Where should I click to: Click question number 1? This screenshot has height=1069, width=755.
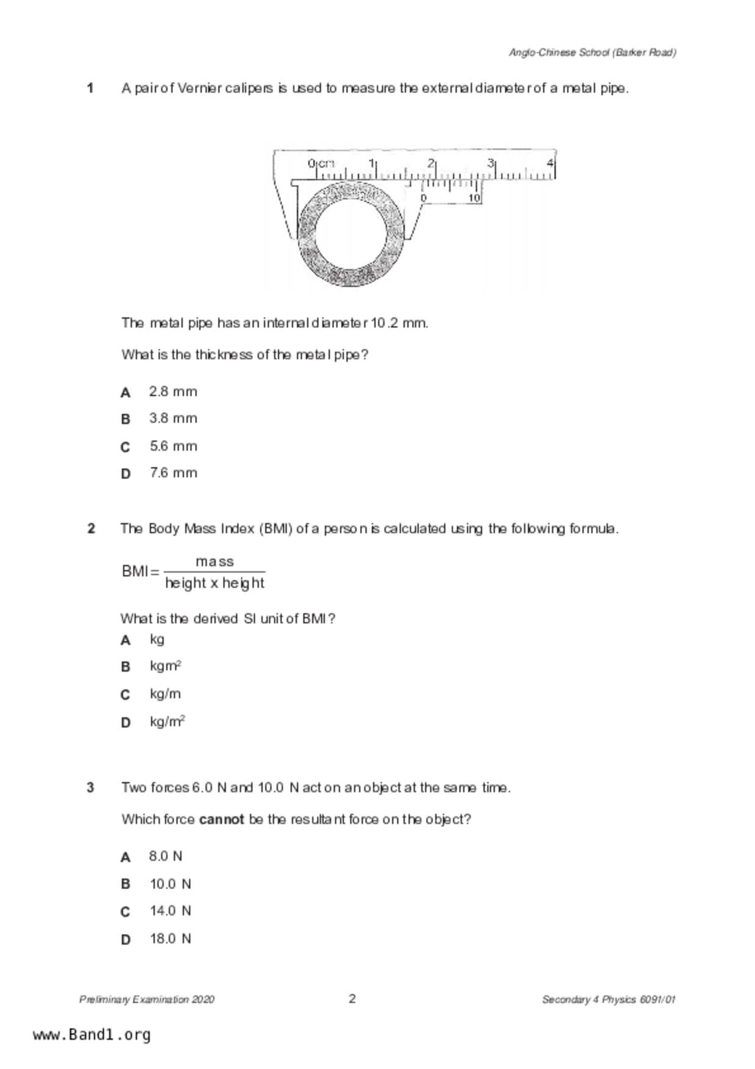pyautogui.click(x=90, y=88)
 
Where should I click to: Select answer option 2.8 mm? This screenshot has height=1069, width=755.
pyautogui.click(x=173, y=392)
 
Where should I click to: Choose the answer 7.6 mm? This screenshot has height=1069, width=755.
pyautogui.click(x=173, y=473)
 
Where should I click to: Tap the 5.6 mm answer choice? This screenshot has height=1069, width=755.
pyautogui.click(x=173, y=446)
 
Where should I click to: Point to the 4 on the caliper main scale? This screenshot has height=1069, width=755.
pyautogui.click(x=550, y=163)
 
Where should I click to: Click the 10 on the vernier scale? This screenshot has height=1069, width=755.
pyautogui.click(x=474, y=198)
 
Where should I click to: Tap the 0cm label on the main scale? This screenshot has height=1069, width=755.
pyautogui.click(x=321, y=163)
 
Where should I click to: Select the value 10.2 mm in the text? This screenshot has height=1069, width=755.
pyautogui.click(x=399, y=323)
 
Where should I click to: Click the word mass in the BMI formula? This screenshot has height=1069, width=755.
pyautogui.click(x=214, y=561)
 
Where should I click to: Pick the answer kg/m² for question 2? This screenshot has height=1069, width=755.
pyautogui.click(x=167, y=722)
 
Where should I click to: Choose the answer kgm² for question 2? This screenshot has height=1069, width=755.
pyautogui.click(x=165, y=666)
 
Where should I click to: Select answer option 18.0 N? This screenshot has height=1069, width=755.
pyautogui.click(x=170, y=939)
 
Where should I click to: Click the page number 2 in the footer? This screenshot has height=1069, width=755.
pyautogui.click(x=352, y=998)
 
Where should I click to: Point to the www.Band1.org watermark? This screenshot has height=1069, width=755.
pyautogui.click(x=91, y=1035)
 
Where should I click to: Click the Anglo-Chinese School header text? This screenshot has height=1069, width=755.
pyautogui.click(x=592, y=52)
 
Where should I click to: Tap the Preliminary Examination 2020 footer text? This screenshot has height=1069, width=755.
pyautogui.click(x=146, y=1000)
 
